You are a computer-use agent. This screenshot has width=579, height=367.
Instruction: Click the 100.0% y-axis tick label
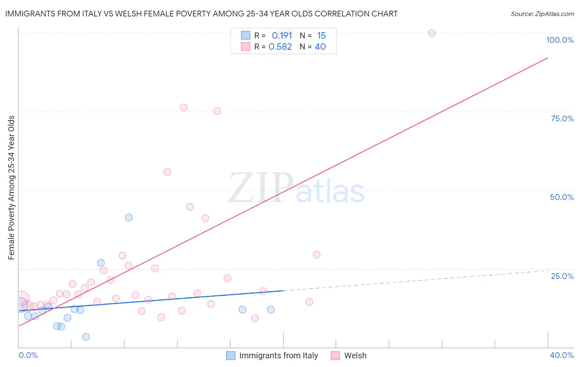tap(560, 40)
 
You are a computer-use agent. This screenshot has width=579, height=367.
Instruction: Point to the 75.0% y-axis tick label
tap(562, 118)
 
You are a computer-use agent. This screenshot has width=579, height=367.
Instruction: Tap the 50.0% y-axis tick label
tap(562, 197)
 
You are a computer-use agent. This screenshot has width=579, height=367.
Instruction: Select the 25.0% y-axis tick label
tap(562, 276)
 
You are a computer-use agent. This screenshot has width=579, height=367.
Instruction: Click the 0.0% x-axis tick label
tap(28, 355)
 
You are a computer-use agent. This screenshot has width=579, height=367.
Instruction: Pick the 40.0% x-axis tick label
tap(562, 355)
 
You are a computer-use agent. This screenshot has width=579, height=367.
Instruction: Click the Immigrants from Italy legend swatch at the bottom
tap(231, 355)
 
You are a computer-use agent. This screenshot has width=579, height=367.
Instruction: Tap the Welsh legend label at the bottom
tap(355, 355)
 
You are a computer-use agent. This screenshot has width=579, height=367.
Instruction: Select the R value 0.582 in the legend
tap(280, 47)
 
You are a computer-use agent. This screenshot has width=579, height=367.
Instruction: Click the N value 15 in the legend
tap(321, 36)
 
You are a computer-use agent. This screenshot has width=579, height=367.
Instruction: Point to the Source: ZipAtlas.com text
tap(542, 14)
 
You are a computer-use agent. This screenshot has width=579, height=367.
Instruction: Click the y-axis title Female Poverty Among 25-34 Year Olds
tap(12, 188)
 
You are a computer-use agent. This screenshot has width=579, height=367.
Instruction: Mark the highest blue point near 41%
tap(128, 217)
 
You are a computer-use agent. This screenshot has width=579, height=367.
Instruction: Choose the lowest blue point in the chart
tap(86, 337)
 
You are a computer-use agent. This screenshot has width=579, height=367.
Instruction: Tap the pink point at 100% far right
tap(432, 33)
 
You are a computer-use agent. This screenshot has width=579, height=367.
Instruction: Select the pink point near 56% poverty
tap(167, 172)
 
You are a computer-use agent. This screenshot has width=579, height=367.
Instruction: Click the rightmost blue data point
tap(271, 309)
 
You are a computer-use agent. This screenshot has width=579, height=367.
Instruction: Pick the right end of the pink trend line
tap(548, 58)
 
